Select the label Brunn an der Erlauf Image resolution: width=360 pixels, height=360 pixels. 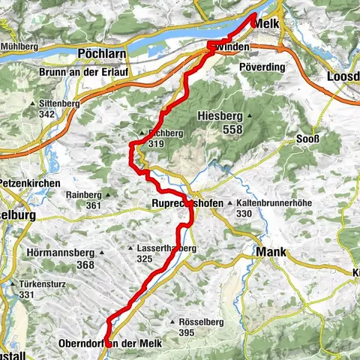(94, 73)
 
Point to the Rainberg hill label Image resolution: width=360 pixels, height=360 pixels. (82, 194)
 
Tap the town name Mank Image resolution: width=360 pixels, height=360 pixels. (271, 253)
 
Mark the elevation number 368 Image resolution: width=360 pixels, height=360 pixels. (85, 264)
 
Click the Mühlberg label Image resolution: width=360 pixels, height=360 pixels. (20, 46)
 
